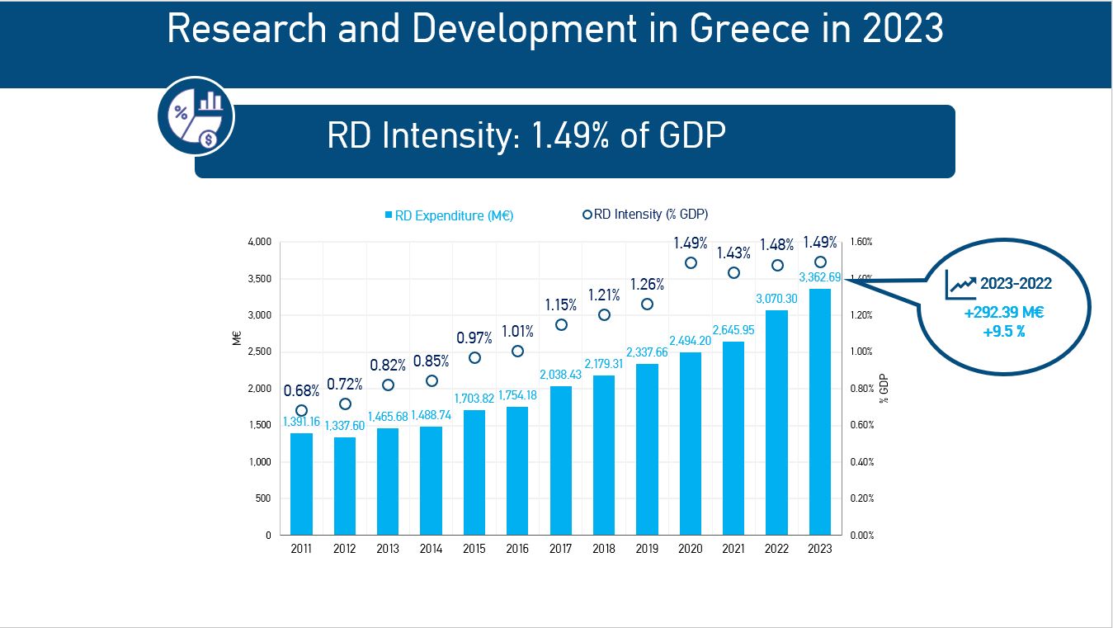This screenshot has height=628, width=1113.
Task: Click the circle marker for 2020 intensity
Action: coord(691,263)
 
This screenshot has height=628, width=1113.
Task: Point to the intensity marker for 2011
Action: coord(301,410)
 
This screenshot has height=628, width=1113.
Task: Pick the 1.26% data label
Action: coord(647,285)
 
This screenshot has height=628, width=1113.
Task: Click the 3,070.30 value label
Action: coord(777,299)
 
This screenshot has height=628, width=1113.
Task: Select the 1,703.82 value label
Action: coord(474,398)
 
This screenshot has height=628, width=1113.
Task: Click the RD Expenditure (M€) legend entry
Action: coord(449,215)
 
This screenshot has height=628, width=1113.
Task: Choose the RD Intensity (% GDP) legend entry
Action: coord(645,215)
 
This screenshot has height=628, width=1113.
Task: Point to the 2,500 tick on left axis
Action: coord(260,352)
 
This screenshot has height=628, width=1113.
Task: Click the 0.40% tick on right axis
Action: coord(862,462)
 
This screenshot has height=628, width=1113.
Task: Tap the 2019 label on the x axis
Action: coord(647,550)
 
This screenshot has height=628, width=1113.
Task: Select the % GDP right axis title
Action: coord(884,388)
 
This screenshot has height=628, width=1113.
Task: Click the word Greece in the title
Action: coord(748,30)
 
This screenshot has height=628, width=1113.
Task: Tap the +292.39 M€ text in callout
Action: coord(1004,313)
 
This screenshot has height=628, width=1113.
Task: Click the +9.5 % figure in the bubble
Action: coord(1003,332)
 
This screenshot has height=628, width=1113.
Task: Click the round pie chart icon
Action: coord(196,116)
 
